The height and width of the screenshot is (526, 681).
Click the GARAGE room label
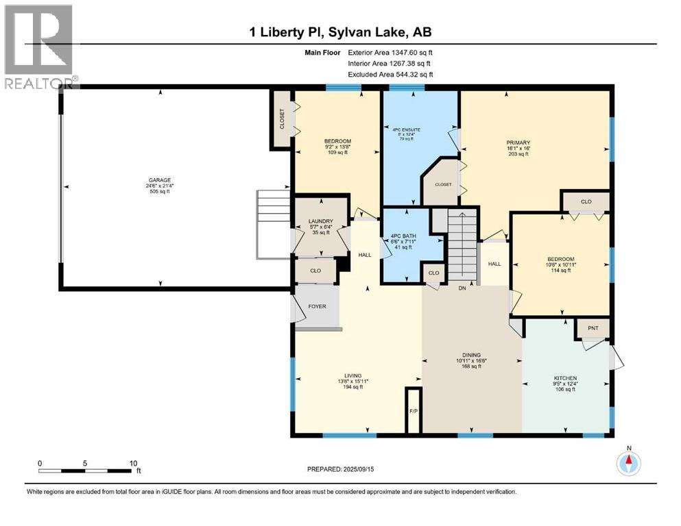(160, 180)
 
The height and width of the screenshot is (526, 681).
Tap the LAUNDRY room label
(321, 221)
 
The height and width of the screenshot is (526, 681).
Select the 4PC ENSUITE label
(407, 129)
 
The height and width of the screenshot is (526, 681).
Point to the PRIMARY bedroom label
(518, 142)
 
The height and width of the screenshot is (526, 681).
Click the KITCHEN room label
(566, 378)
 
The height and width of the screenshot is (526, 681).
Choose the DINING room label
(472, 355)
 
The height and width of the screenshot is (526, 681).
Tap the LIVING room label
(353, 376)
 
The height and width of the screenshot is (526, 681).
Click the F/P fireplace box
(414, 410)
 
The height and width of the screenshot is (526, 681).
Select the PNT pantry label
(593, 328)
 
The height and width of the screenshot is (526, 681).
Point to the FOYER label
(317, 306)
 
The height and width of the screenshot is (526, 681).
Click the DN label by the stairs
(462, 288)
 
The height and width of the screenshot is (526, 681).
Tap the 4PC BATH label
(403, 236)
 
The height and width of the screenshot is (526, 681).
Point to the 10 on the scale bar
(133, 463)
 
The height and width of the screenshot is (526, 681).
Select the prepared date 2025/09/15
(359, 469)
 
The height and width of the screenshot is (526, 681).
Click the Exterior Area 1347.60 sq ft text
(390, 53)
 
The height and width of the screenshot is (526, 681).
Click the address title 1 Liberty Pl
(286, 32)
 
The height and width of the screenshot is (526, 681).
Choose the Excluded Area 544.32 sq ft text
(390, 74)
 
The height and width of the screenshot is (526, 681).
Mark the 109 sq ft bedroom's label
(338, 141)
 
